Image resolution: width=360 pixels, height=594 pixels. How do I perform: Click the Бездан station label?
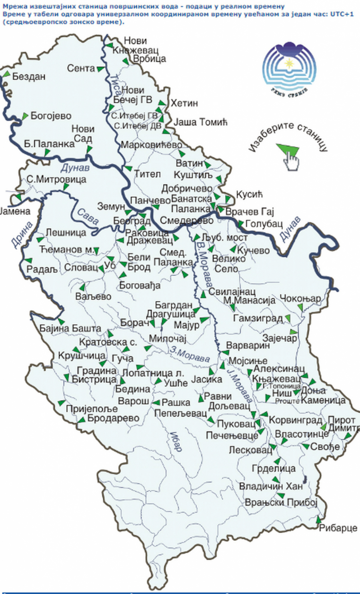point(29,76)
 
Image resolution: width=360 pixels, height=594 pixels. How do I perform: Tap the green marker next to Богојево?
point(25,116)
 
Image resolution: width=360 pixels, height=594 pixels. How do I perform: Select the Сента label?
point(81,68)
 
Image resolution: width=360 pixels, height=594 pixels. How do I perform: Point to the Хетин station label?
point(184,103)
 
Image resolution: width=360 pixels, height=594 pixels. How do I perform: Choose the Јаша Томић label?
point(200,122)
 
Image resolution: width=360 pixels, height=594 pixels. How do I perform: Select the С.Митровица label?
point(56,179)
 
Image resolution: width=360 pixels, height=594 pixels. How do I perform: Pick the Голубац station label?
point(264,224)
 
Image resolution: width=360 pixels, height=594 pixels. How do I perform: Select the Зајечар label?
point(280,338)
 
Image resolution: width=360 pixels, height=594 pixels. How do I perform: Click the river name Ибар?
point(175,441)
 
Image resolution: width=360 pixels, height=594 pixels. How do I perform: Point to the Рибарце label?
point(338,528)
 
